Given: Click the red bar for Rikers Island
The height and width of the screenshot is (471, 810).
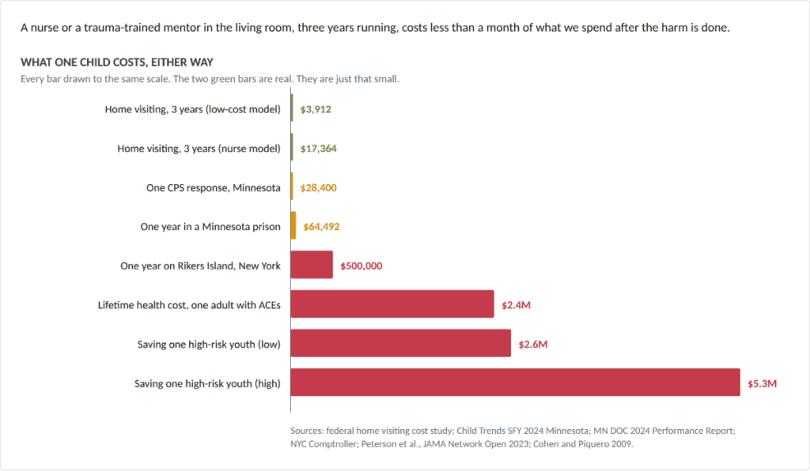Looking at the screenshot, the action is point(312,265).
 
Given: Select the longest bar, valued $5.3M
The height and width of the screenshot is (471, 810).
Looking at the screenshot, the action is point(515,382).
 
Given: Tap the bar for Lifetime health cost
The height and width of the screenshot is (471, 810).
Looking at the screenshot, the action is point(392,303).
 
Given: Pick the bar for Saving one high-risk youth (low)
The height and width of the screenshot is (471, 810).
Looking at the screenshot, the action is point(401,343).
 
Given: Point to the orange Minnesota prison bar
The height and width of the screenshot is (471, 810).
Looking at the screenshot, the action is point(293,225).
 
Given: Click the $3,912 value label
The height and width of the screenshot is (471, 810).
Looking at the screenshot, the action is point(316,109).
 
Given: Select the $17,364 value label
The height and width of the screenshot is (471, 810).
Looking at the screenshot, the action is point(318,149).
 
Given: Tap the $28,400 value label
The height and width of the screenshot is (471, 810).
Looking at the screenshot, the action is point(318,188).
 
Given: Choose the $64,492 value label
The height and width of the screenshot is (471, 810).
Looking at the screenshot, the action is point(321,227).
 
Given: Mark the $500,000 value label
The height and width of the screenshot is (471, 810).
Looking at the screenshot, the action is point(361,266).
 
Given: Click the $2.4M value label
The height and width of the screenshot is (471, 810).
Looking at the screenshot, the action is point(516,305).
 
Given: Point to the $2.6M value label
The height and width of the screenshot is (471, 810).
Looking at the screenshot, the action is point(533,344).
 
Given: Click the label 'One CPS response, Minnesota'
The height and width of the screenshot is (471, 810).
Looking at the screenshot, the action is point(214,188).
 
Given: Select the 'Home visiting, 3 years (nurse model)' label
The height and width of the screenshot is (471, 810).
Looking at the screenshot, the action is point(199,149).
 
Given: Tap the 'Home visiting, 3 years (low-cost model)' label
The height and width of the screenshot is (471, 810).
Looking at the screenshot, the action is point(193,109).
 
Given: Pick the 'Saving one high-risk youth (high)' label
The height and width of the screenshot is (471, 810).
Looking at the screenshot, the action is point(208,384).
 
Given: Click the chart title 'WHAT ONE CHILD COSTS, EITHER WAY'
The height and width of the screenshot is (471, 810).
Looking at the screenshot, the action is point(117,62).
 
